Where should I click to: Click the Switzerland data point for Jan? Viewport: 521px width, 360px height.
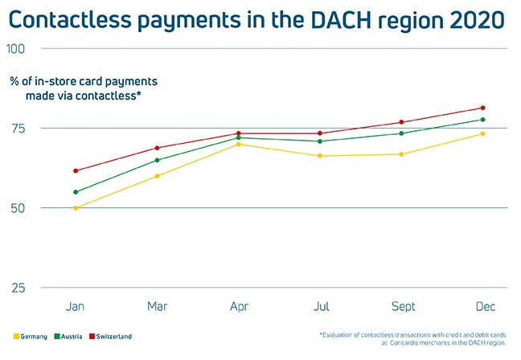coord(76,170)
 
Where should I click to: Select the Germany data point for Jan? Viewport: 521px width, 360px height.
coord(76,208)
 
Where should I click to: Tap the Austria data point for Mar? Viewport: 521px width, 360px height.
coord(157,160)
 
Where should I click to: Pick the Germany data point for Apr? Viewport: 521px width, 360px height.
coord(239,144)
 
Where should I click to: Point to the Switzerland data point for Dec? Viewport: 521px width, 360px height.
coord(482,108)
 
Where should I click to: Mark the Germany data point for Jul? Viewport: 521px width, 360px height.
coord(320,156)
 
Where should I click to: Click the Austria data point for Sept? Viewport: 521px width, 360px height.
coord(401,133)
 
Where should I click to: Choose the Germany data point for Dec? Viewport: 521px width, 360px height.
coord(482,133)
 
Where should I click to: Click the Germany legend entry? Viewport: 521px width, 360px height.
coord(31,336)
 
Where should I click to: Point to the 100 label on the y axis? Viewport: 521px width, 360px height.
coord(16,48)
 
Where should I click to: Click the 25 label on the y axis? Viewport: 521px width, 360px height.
coord(17,288)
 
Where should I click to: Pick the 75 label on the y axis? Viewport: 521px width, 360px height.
coord(17,129)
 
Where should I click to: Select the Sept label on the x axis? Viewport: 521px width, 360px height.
coord(401,307)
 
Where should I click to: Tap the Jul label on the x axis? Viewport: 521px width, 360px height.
coord(320,307)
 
